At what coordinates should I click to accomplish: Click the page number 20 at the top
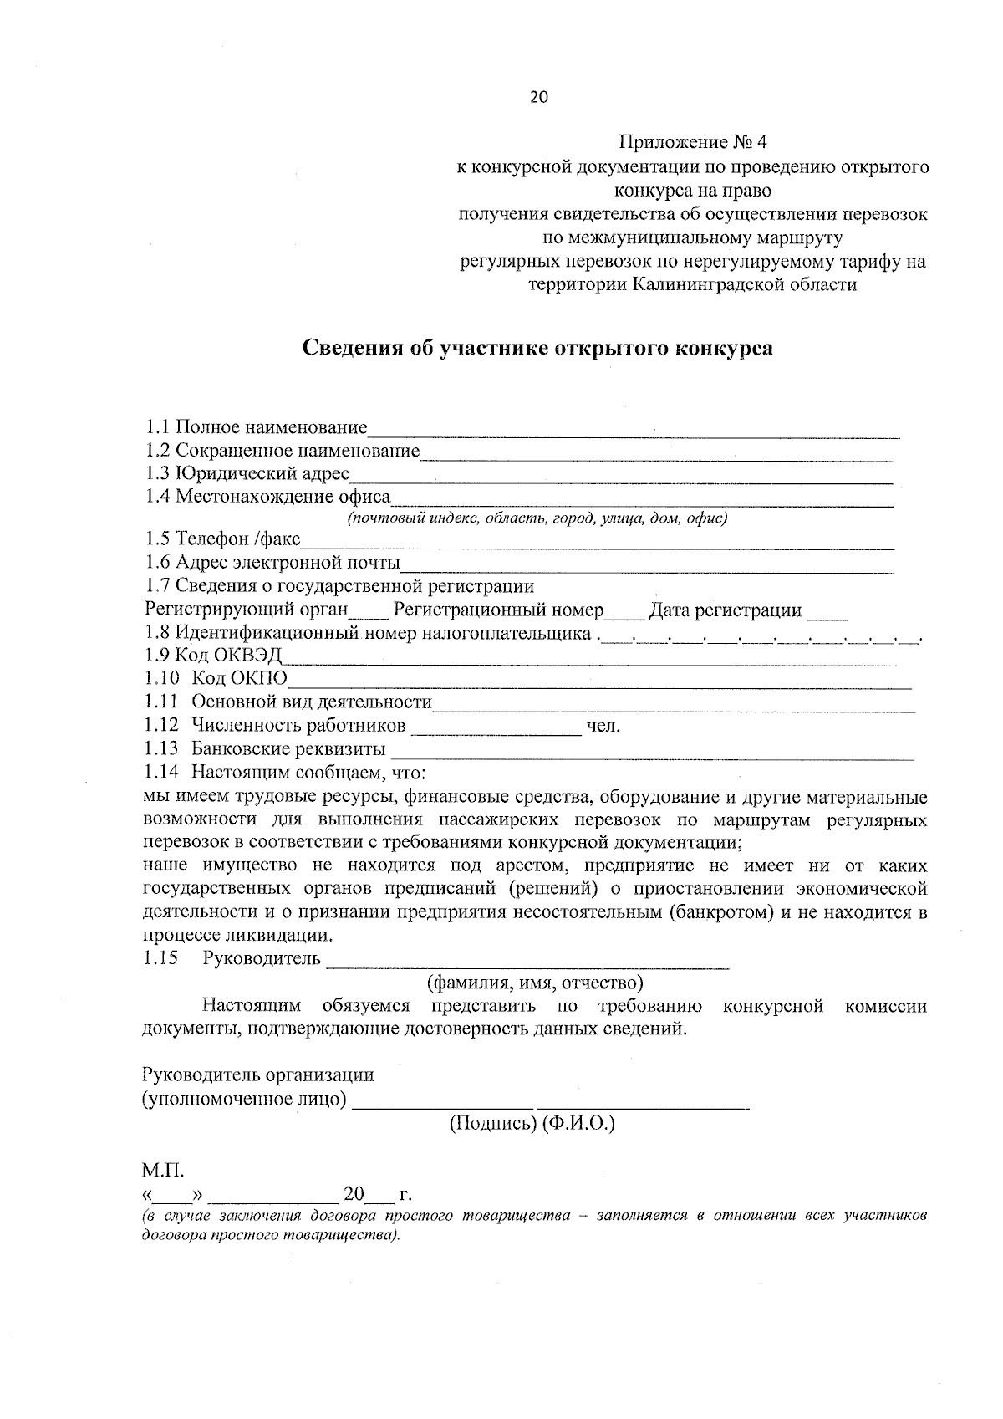[538, 97]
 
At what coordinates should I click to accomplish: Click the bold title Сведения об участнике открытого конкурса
[537, 348]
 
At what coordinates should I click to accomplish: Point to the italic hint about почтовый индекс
[537, 518]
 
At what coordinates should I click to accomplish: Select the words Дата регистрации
[726, 610]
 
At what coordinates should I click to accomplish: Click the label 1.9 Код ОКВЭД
[213, 655]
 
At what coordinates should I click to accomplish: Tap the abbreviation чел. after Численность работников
[603, 726]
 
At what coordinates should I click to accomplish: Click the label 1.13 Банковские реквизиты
[264, 748]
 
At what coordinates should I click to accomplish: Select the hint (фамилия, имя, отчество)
[535, 983]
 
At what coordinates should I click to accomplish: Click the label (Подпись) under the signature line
[492, 1124]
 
